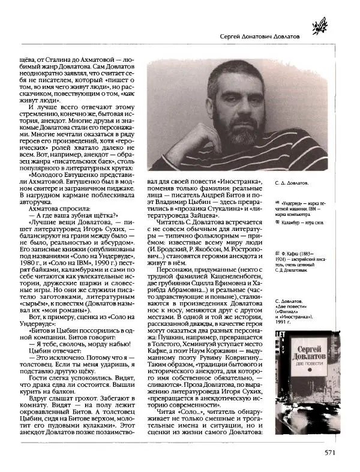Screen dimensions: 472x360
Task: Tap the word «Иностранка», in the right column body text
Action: point(223,181)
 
